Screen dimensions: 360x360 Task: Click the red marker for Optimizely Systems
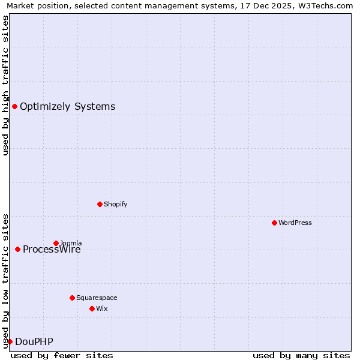point(14,107)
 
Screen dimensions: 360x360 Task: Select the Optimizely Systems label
point(67,107)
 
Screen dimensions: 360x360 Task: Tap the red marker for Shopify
point(100,205)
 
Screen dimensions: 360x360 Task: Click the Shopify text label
point(115,205)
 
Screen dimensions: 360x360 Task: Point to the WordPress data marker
point(274,223)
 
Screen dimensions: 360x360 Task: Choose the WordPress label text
point(295,223)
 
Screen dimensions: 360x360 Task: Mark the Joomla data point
point(56,243)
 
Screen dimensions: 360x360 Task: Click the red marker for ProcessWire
point(17,250)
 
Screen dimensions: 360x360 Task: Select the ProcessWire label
point(52,250)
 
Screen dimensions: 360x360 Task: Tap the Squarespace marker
point(72,298)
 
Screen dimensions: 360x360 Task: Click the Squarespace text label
point(97,298)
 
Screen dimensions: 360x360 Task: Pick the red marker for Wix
point(92,309)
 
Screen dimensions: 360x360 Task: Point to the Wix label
point(101,309)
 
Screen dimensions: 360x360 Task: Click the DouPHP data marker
point(10,342)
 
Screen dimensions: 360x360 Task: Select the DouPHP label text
point(34,342)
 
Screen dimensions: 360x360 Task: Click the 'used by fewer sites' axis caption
point(62,355)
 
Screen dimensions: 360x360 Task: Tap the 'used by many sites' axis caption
point(301,355)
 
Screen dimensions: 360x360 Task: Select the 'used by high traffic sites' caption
point(5,85)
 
